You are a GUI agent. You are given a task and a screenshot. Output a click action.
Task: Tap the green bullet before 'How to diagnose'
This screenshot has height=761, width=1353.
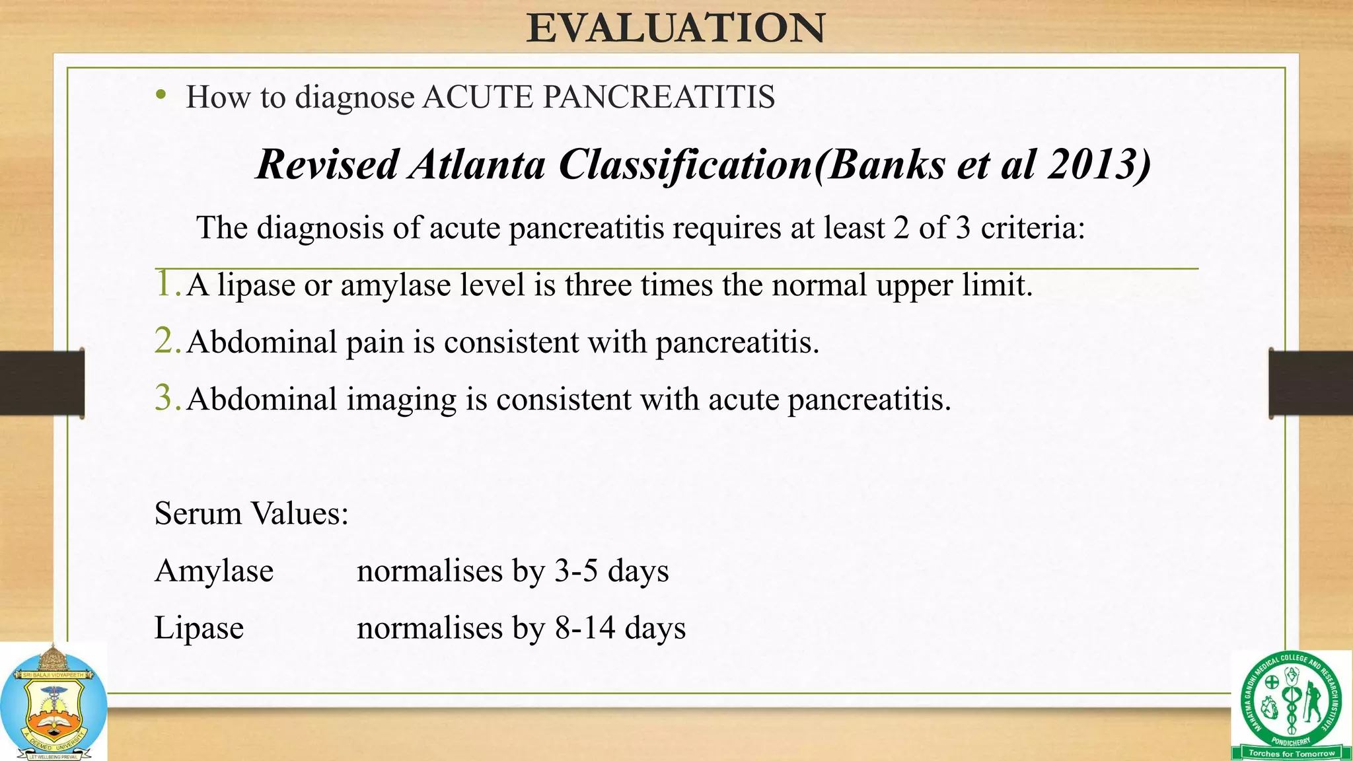point(161,96)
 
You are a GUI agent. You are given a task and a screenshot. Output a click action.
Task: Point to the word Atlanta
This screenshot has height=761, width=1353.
point(476,164)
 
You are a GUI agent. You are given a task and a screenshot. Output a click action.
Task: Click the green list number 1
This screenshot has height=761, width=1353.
point(165,284)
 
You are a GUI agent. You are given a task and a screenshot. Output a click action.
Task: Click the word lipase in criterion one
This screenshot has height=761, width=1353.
point(256,285)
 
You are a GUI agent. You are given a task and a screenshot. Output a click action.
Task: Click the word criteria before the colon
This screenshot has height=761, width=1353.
point(1028,228)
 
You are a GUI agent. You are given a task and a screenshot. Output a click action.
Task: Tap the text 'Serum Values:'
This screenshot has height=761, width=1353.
point(251,513)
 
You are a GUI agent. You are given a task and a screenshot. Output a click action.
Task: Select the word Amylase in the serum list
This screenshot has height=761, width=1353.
point(213,571)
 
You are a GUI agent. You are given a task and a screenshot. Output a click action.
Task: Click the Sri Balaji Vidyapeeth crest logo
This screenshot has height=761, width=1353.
point(53,704)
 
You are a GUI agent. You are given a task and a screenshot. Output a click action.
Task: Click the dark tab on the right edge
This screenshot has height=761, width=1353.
point(1311,383)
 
